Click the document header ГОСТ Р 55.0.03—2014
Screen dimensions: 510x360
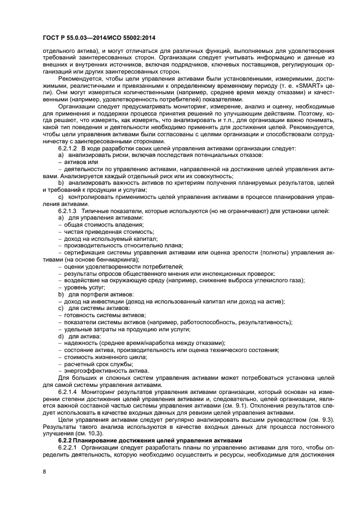pos(91,37)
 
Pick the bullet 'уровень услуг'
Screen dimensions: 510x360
pos(82,287)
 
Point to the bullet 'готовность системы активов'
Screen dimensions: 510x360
pos(97,315)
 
